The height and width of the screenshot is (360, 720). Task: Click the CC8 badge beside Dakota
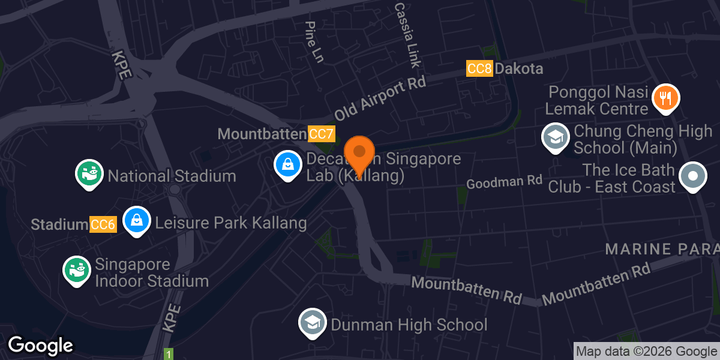pyautogui.click(x=479, y=68)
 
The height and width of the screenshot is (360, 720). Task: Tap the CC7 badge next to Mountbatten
pyautogui.click(x=321, y=134)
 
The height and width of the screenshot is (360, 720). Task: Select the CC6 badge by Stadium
pyautogui.click(x=103, y=224)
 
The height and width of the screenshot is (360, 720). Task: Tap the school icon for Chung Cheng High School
pyautogui.click(x=556, y=137)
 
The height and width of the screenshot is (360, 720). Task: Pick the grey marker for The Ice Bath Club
pyautogui.click(x=693, y=176)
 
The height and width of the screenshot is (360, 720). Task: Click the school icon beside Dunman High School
pyautogui.click(x=313, y=322)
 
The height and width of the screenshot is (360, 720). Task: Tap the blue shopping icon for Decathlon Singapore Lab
pyautogui.click(x=288, y=164)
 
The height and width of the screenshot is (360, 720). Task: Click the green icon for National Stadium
pyautogui.click(x=89, y=173)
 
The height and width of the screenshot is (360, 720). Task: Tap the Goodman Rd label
pyautogui.click(x=504, y=181)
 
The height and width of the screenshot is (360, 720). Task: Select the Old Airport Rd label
pyautogui.click(x=380, y=98)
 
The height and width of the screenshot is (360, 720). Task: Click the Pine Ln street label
pyautogui.click(x=314, y=43)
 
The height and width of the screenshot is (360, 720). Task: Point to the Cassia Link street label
pyautogui.click(x=408, y=35)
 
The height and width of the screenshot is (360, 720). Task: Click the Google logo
pyautogui.click(x=40, y=346)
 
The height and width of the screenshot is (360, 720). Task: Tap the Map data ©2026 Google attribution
pyautogui.click(x=646, y=352)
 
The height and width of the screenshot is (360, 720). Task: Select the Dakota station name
pyautogui.click(x=519, y=68)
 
